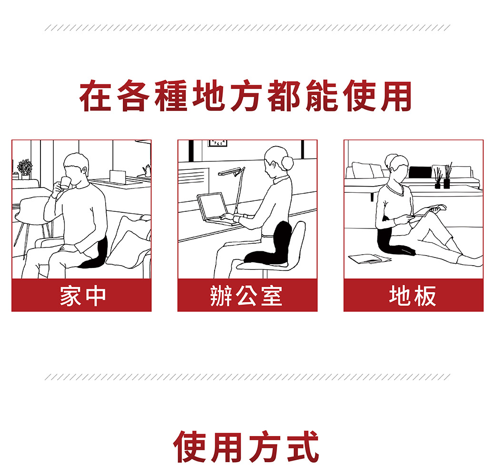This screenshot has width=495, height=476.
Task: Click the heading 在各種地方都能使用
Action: (246, 96)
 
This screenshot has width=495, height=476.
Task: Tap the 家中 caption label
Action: (83, 296)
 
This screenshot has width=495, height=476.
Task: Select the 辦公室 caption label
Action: (246, 296)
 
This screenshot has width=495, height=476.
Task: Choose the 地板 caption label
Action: (413, 296)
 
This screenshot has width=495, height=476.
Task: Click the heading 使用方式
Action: (246, 446)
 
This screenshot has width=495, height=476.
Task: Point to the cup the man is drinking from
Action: (65, 183)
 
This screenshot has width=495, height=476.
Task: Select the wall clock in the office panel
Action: (217, 143)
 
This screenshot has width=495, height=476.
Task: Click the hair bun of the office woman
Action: (287, 163)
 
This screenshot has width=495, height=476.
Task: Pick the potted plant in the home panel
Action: (25, 169)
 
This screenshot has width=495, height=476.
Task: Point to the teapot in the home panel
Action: (147, 170)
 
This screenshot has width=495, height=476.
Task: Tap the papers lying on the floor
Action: (370, 258)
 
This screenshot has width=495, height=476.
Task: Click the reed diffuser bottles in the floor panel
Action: (442, 177)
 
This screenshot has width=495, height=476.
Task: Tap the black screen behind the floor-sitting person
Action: (420, 172)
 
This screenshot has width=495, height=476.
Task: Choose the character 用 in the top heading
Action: (396, 96)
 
